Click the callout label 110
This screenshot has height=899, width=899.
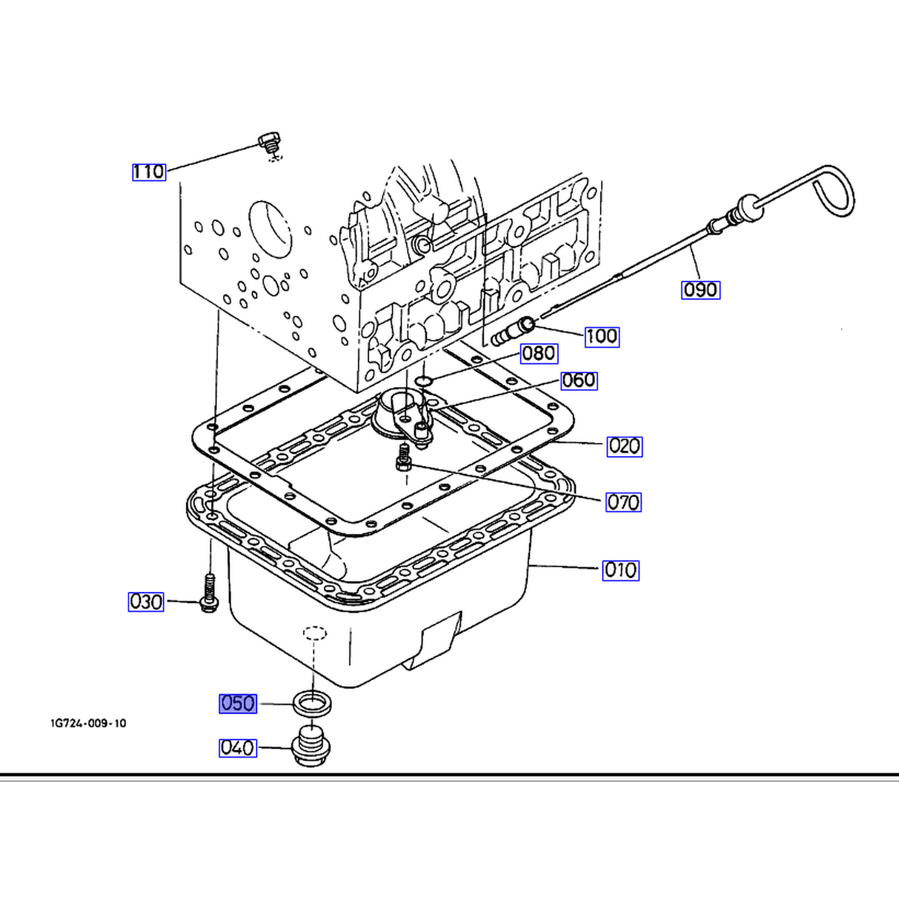point(149,172)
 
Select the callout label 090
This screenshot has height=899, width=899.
point(701,290)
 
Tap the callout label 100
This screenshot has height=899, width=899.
point(602,336)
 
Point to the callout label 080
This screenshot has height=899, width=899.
point(539,354)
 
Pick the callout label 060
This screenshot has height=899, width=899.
point(579,381)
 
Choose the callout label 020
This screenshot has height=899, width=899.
point(625,447)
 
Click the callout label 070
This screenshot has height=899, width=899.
point(623,502)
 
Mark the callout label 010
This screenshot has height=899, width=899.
point(620,570)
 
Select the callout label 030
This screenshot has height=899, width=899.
point(146,602)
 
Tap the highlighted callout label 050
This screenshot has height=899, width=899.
point(238,704)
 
